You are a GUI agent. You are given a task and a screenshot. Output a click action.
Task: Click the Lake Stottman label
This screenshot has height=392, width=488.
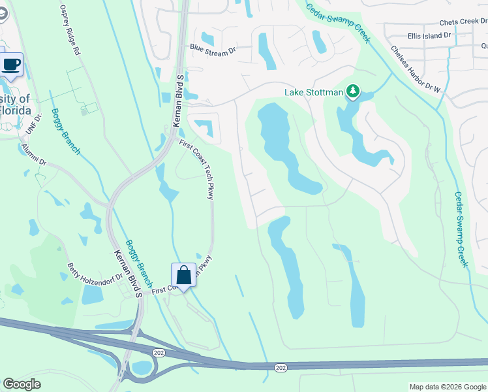(x=314, y=92)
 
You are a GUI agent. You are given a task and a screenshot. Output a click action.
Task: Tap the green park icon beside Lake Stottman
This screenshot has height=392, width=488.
(x=353, y=91)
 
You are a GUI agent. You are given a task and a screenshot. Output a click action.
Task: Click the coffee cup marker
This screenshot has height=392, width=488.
(x=11, y=65)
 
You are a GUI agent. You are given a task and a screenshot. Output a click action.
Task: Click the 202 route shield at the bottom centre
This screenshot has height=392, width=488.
(x=281, y=368)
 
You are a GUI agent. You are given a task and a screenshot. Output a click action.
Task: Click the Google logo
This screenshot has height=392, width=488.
(x=22, y=384)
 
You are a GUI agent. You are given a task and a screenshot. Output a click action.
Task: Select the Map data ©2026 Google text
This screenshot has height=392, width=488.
(x=447, y=387)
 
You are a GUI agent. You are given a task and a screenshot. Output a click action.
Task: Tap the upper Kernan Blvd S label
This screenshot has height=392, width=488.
(x=177, y=96)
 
